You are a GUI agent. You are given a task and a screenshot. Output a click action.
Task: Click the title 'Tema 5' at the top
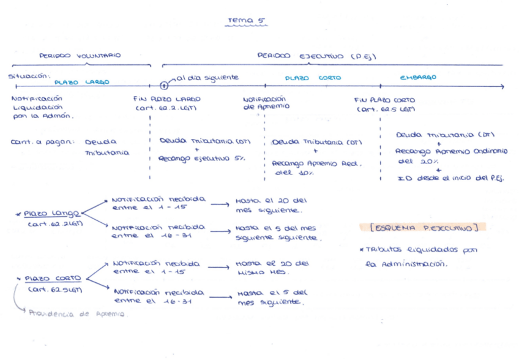coord(242,21)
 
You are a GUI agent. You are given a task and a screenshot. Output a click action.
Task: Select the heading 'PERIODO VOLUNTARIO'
coord(80,56)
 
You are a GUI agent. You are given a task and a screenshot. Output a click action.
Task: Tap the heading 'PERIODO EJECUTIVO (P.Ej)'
coord(316,56)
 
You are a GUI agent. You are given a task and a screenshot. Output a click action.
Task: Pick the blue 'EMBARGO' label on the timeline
coord(418,78)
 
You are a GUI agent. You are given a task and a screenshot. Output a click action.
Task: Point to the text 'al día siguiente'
coord(207,78)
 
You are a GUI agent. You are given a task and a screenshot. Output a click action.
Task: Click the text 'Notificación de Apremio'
coord(264,102)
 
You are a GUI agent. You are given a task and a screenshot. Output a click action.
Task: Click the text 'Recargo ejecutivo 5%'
coord(202,157)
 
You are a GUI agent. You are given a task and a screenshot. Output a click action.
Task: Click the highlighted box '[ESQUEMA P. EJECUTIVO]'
coord(422,227)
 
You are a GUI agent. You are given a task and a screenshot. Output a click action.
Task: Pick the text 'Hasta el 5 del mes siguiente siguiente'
coord(277,233)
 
